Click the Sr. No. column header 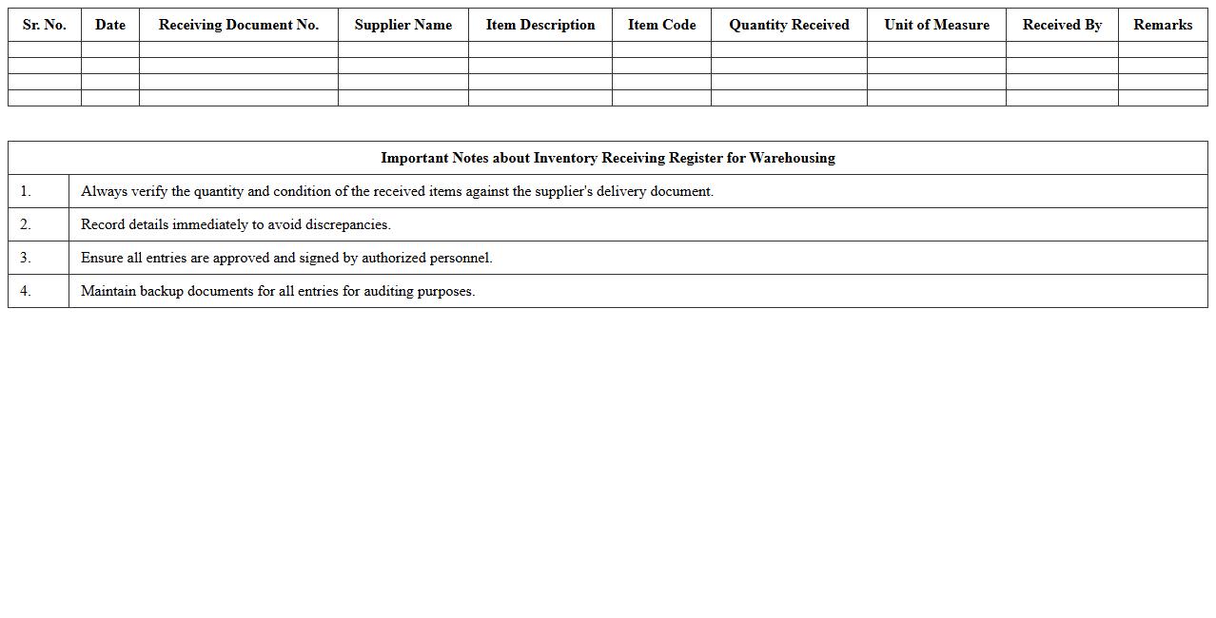point(45,25)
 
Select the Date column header point(110,25)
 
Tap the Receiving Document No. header point(239,25)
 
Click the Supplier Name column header point(403,25)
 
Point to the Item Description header point(540,25)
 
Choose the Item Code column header point(661,25)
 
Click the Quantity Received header point(789,25)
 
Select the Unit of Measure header point(936,25)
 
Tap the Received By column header point(1062,25)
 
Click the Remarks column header point(1163,25)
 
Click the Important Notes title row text point(608,158)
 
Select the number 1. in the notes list point(26,191)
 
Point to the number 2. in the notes point(26,224)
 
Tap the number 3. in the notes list point(26,258)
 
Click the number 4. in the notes point(26,291)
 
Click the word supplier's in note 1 point(563,191)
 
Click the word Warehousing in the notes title point(792,158)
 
